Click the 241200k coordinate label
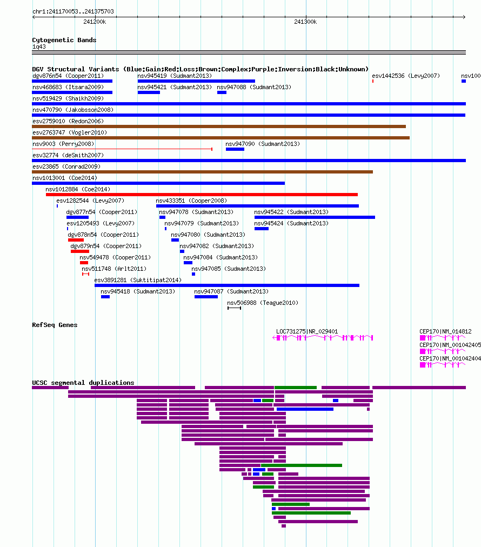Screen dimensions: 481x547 coord(95,22)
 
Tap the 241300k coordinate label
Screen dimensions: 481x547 coord(305,22)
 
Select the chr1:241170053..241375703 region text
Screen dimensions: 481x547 coord(73,11)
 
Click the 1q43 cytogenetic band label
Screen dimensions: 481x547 coord(39,46)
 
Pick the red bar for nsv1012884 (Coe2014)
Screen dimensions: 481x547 coord(202,195)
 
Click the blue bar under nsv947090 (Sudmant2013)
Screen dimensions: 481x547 coord(235,149)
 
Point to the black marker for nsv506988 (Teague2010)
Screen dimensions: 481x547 coord(234,308)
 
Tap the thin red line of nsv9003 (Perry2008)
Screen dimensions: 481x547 coord(122,149)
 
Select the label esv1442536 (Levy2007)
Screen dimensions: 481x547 coord(406,76)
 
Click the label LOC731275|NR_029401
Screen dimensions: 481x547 coord(307,331)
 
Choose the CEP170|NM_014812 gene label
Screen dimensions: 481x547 coord(445,331)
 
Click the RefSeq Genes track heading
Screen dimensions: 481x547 coord(55,325)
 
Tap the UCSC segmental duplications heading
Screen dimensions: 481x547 coord(83,383)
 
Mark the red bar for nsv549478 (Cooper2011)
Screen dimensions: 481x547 coord(84,263)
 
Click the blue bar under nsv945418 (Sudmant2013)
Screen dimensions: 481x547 coord(105,297)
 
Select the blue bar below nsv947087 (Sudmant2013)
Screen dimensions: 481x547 coord(206,297)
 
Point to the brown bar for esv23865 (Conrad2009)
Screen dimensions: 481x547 coord(202,172)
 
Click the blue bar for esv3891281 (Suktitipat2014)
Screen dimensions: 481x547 coord(227,285)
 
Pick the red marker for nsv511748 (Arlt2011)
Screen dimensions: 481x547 coord(85,274)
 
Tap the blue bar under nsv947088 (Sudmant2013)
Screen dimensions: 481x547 coord(222,92)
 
